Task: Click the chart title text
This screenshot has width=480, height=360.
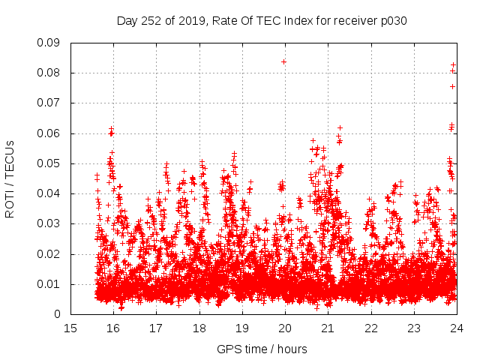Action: [262, 21]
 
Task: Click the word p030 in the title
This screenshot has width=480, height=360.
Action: [392, 21]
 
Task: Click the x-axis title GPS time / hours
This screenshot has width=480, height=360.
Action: [262, 349]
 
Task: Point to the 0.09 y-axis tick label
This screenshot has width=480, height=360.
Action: [49, 43]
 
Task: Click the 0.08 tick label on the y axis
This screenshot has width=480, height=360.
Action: [49, 73]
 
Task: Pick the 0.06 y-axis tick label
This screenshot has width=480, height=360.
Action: [49, 133]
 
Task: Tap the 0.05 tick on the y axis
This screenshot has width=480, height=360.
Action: [49, 163]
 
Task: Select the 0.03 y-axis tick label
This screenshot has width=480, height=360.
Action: [49, 223]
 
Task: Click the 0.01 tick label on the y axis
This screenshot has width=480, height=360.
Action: [49, 284]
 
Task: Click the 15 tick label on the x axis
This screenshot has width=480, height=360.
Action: [70, 328]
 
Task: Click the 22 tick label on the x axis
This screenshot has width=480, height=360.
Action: [371, 328]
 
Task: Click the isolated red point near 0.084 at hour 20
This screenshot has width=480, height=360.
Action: [283, 61]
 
